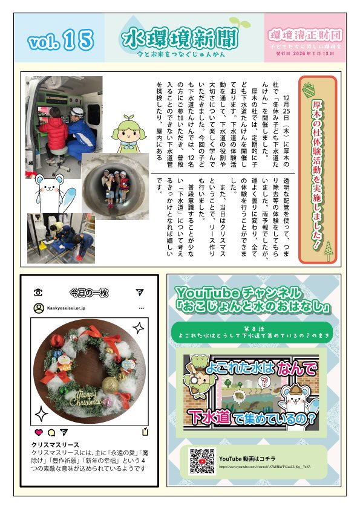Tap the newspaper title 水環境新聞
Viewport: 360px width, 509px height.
[180, 37]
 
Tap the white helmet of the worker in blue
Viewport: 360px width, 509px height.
[77, 112]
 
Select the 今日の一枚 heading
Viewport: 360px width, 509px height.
[88, 293]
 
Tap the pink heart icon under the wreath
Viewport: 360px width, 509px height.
[39, 432]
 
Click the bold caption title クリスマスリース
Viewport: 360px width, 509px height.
[55, 445]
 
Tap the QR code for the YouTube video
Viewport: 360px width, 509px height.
[202, 461]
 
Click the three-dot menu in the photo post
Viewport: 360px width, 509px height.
[141, 308]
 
